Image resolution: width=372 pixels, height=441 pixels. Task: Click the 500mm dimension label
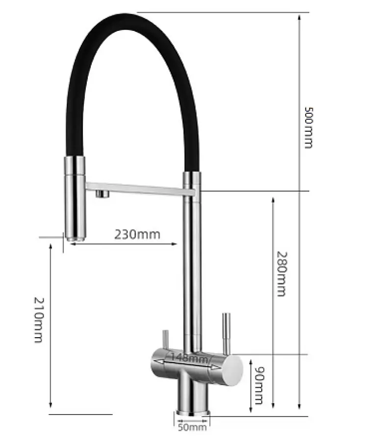(309, 127)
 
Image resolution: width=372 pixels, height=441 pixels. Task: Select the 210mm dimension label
(38, 320)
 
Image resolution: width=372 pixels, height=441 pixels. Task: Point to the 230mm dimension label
(137, 234)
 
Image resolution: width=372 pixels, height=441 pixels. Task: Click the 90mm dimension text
(259, 385)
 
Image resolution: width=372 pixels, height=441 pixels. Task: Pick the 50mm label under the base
(192, 427)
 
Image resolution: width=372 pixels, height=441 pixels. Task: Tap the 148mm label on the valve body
(190, 358)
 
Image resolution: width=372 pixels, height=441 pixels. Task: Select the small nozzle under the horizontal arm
(102, 194)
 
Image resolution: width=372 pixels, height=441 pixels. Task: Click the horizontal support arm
(140, 189)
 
